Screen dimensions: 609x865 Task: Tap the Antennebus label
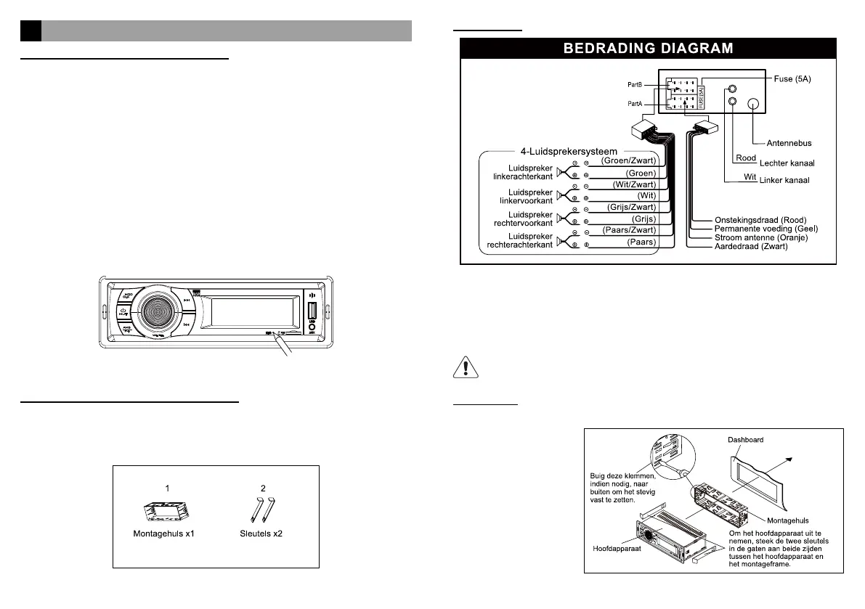[785, 142]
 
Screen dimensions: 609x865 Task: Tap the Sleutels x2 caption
[264, 534]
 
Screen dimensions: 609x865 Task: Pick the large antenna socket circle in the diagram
[754, 105]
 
